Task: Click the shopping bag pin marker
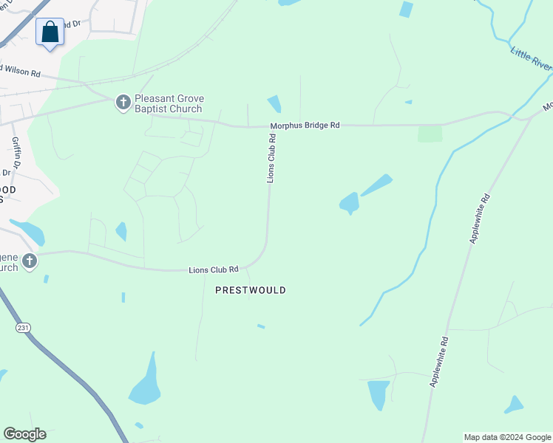coord(50,33)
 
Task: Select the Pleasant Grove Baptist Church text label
coord(169,103)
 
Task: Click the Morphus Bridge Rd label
coord(305,126)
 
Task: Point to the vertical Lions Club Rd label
coord(271,157)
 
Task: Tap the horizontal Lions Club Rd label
coord(214,269)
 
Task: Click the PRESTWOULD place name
coord(250,290)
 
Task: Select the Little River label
coord(531,59)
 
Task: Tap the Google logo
coord(24,434)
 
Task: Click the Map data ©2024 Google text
coord(507,437)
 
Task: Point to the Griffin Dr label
coord(15,153)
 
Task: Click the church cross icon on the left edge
coord(29,261)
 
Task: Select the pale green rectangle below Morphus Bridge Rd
coord(430,134)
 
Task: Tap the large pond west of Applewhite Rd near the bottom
coord(378,394)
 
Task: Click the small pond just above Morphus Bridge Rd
coord(274,104)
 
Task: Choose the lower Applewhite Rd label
coord(440,362)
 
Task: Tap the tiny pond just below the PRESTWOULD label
coord(260,326)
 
